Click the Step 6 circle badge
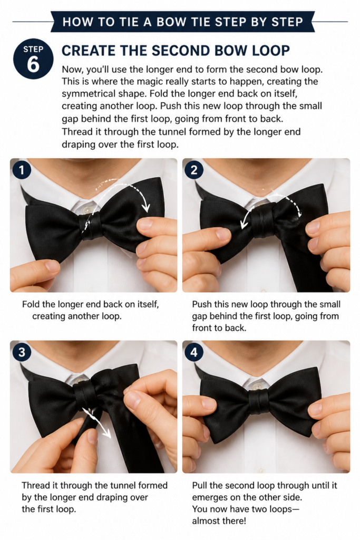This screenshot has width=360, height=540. click(33, 59)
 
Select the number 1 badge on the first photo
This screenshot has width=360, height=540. click(22, 170)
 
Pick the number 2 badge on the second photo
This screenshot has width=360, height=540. click(194, 170)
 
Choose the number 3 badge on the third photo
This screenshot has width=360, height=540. click(22, 352)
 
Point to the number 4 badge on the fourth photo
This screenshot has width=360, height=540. click(194, 352)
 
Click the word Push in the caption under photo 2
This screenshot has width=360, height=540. click(202, 304)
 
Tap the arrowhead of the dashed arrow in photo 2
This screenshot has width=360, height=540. click(244, 225)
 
